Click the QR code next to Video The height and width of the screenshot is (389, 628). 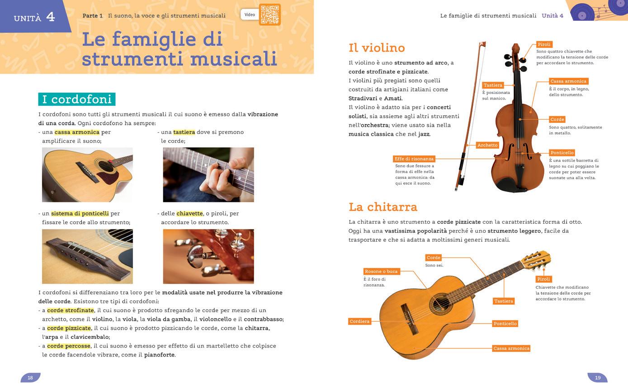click(270, 14)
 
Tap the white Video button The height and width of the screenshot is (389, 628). click(250, 14)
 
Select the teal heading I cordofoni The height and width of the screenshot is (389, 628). click(77, 99)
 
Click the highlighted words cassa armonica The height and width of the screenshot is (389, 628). click(77, 132)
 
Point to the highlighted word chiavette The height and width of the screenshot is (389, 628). click(189, 213)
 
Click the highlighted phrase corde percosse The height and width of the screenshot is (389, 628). click(69, 346)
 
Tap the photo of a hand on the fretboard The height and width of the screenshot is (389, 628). click(208, 175)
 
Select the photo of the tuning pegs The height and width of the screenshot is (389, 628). click(208, 256)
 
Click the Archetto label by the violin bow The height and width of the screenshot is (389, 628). click(487, 145)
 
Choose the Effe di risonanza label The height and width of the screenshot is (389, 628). click(414, 159)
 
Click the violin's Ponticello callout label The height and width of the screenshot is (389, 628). click(562, 153)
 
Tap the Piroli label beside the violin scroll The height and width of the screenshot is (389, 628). click(544, 44)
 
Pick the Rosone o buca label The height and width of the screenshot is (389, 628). click(381, 272)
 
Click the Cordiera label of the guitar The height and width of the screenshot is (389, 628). click(359, 321)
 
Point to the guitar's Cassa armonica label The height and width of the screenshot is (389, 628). click(511, 348)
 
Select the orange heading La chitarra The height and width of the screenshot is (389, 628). click(383, 207)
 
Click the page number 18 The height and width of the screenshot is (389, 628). click(30, 378)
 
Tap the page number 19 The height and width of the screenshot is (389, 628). click(598, 378)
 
